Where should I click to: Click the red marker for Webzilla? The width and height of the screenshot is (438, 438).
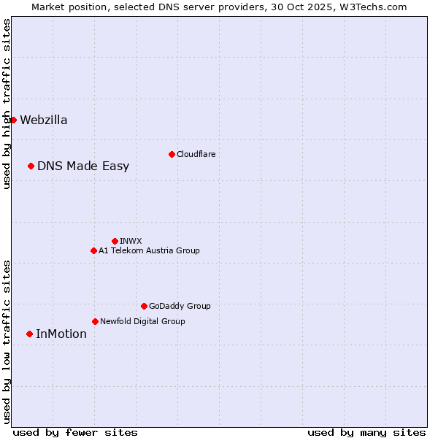coord(13,120)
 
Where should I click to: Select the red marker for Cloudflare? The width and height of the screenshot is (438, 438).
coord(172,154)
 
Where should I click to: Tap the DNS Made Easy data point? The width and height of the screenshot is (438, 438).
coord(31,166)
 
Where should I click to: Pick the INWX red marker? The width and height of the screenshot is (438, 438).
coord(115,241)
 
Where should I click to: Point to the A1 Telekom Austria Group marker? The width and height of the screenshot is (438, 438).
coord(93,250)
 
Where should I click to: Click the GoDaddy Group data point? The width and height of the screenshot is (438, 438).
coord(144,306)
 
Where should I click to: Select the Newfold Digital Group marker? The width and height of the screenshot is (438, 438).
coord(95,321)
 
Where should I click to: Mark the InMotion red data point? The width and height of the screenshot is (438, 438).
coord(29,334)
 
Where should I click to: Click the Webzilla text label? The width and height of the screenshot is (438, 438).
coord(44,120)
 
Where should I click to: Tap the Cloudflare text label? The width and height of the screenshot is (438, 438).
coord(196,155)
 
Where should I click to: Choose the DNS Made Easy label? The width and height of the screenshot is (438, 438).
coord(83,166)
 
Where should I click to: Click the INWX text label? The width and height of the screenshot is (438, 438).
coord(131,242)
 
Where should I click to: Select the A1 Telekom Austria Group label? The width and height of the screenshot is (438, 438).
coord(149,251)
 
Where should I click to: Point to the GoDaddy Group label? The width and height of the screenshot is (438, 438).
coord(180,307)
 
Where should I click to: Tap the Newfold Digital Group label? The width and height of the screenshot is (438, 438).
coord(142,322)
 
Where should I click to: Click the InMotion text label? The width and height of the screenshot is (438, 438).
coord(61,334)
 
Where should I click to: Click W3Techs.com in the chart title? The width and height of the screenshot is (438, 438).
coord(371,7)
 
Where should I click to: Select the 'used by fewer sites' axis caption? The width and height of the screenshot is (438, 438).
coord(75,432)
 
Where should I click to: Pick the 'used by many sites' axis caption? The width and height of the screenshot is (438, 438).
coord(366,432)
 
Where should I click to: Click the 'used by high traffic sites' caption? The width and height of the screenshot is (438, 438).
coord(7,104)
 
